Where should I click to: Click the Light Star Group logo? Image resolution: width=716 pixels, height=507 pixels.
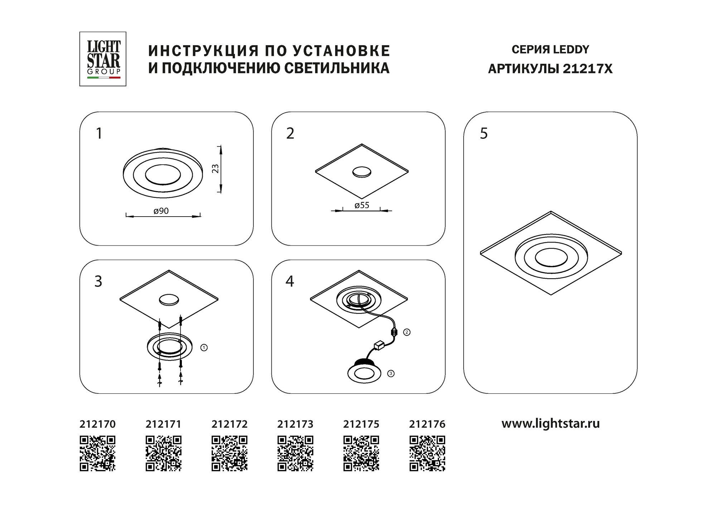click(x=103, y=59)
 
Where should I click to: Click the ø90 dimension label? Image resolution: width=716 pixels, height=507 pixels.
click(x=161, y=211)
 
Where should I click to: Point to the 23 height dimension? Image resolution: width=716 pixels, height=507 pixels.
click(x=216, y=169)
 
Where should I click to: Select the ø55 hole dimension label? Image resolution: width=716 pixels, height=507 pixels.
click(x=362, y=205)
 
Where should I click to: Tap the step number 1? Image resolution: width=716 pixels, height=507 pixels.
click(x=99, y=133)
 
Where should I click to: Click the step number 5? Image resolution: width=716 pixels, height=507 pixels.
click(x=484, y=133)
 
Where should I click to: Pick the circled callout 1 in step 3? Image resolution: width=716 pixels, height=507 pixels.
click(x=204, y=347)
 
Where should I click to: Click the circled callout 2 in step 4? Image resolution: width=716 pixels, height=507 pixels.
click(x=407, y=332)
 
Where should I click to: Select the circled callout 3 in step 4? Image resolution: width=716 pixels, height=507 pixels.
click(x=391, y=374)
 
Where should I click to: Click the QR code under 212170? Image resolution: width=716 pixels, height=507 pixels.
click(x=97, y=453)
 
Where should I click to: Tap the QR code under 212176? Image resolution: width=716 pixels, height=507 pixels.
click(x=427, y=453)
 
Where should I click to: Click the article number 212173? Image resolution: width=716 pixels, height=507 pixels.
click(x=295, y=424)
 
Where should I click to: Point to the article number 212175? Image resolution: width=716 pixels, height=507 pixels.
click(x=361, y=424)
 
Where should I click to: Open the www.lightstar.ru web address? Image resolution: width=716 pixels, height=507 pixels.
click(x=551, y=424)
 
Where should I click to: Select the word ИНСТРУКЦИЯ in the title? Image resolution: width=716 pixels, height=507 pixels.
click(x=203, y=51)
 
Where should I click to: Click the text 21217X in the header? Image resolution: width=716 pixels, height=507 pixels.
click(x=587, y=68)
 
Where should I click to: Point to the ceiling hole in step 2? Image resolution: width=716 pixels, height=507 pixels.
click(x=362, y=172)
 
